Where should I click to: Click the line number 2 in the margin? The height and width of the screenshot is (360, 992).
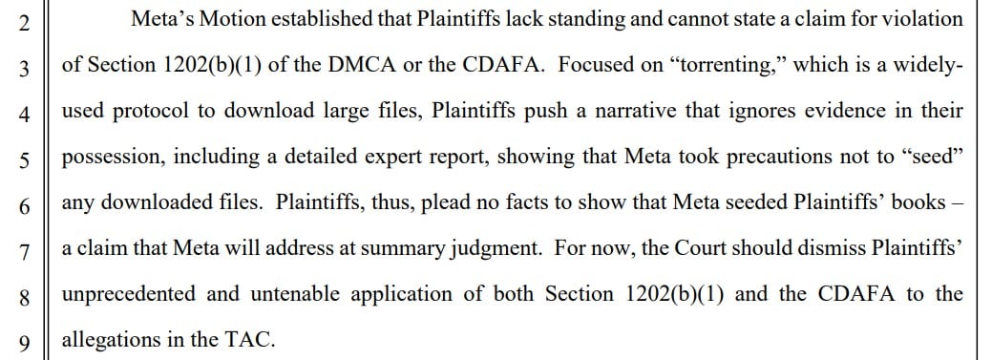tap(24, 22)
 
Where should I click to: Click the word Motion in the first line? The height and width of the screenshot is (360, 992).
tap(228, 19)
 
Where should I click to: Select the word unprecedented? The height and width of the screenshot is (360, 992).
tap(129, 295)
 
